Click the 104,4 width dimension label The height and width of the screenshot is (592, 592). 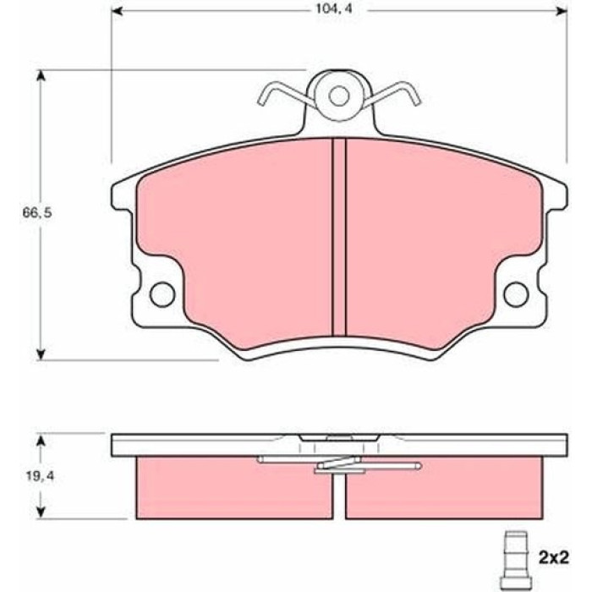(334, 9)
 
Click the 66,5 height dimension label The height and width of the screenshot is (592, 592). (37, 213)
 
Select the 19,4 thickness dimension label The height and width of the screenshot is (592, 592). (40, 476)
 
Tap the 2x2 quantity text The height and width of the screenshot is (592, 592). (553, 557)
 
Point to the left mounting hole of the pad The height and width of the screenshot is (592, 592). (162, 294)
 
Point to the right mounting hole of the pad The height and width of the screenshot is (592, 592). (516, 294)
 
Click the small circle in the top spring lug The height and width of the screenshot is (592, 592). (338, 96)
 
